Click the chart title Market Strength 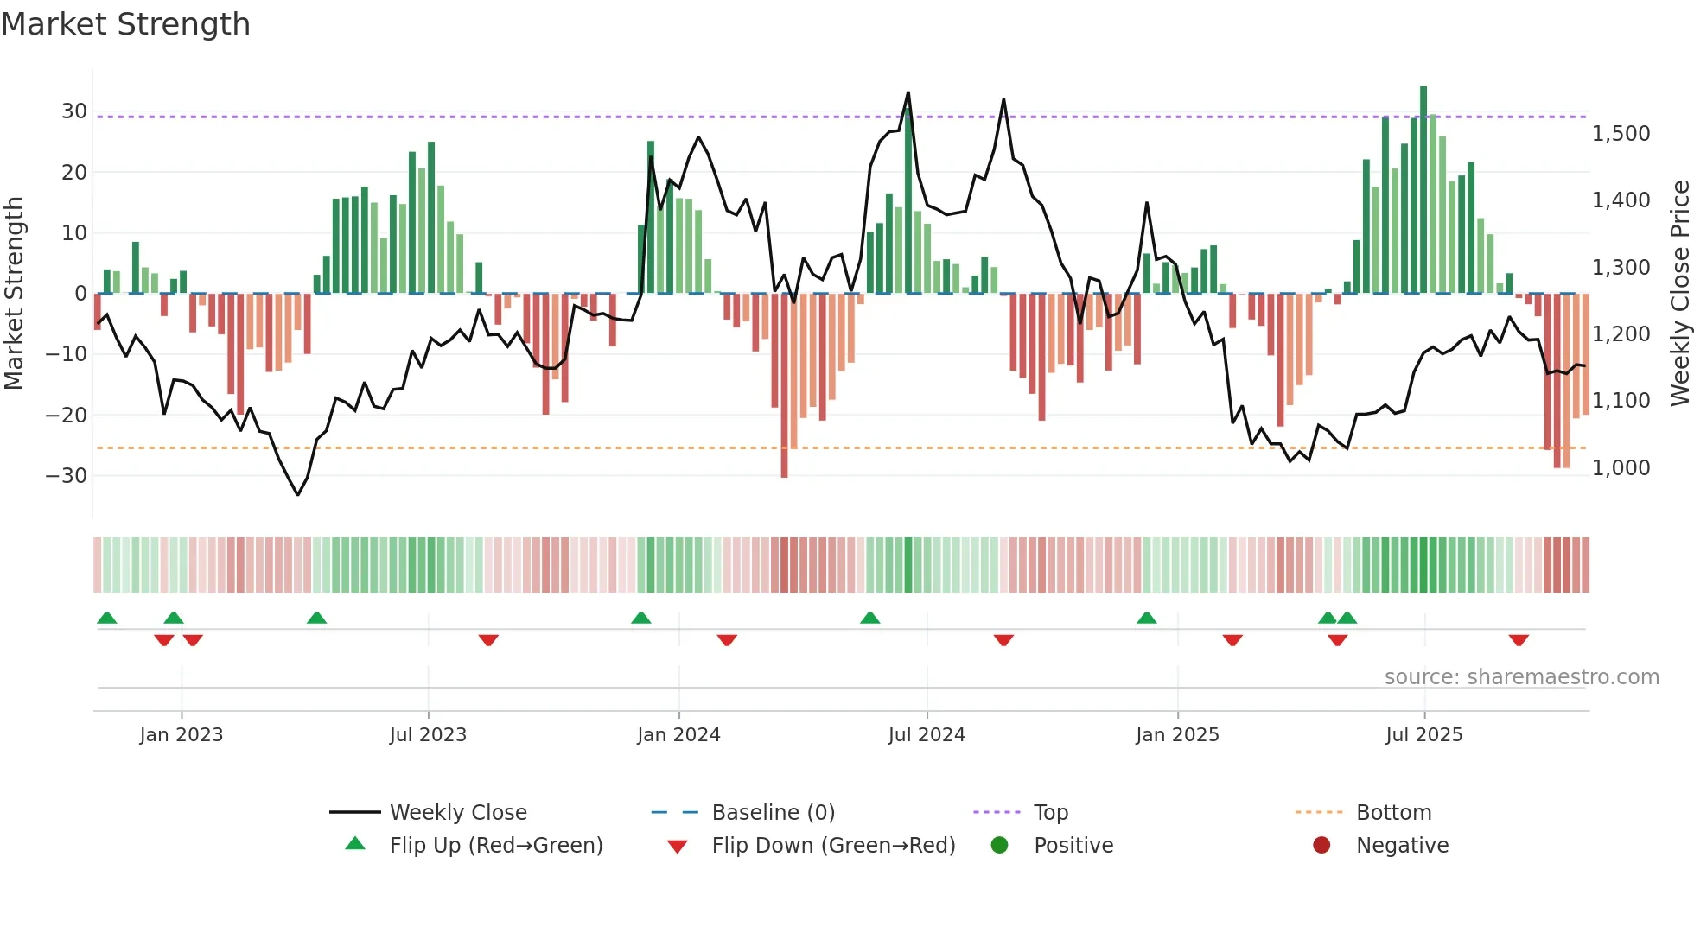click(x=125, y=24)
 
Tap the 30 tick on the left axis click(x=73, y=111)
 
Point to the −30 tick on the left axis click(x=67, y=475)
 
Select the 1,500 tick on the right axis click(x=1621, y=134)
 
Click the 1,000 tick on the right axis click(x=1621, y=468)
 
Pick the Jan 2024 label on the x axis click(x=678, y=735)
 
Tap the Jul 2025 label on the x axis click(x=1423, y=735)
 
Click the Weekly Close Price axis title click(x=1679, y=294)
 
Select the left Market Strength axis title click(x=14, y=294)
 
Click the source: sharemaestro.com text click(x=1521, y=677)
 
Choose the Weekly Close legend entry click(x=458, y=813)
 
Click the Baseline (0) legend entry click(x=773, y=813)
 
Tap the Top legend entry click(x=1050, y=813)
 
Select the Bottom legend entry click(x=1393, y=813)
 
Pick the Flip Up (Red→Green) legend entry click(x=495, y=846)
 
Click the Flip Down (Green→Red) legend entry click(x=833, y=846)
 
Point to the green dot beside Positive click(x=999, y=846)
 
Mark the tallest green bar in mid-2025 click(x=1423, y=190)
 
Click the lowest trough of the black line click(x=297, y=494)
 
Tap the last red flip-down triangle click(x=1519, y=640)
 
